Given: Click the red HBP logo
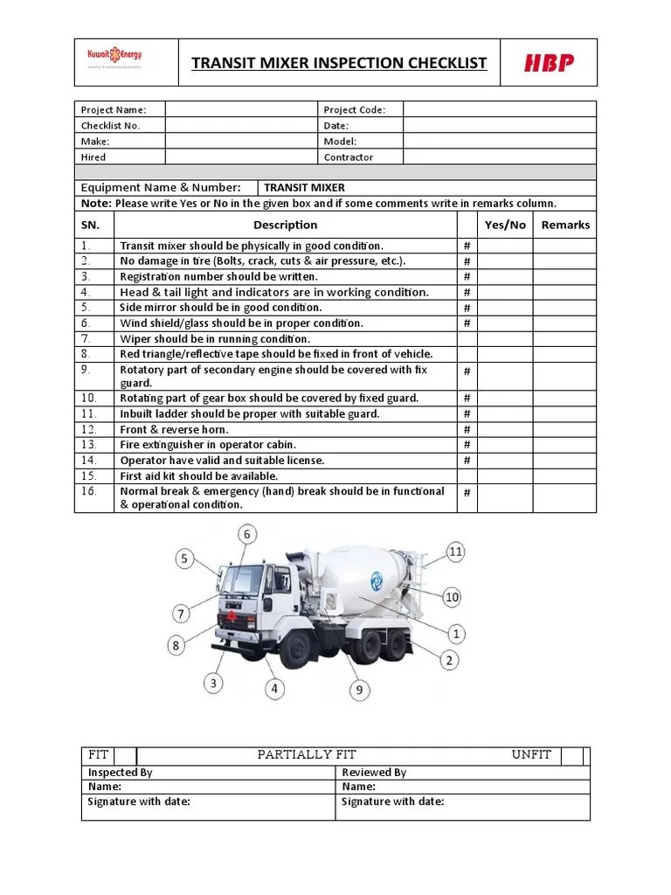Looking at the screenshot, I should pos(549,63).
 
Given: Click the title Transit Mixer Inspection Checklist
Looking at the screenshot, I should pos(339,63).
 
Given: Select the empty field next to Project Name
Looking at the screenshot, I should pos(241,109).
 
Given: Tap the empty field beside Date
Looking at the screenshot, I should pos(499,125).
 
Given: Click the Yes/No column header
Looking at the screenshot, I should pos(505,225).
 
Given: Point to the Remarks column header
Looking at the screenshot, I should pos(565,225).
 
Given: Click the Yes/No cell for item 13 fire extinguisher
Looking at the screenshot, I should pos(505,445).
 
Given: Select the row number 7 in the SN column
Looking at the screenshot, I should pos(86,338).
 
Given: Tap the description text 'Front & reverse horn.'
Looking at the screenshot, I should pos(174,429).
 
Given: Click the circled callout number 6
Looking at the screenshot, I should pos(247,534).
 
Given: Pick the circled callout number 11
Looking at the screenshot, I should pos(455,552).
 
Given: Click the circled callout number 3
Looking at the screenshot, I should pos(214,683).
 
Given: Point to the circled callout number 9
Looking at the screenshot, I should pos(357,690).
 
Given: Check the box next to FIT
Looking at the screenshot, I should pos(125,755).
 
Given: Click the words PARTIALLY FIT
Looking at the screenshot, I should pos(307,755).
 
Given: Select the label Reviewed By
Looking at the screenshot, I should pos(374,772).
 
